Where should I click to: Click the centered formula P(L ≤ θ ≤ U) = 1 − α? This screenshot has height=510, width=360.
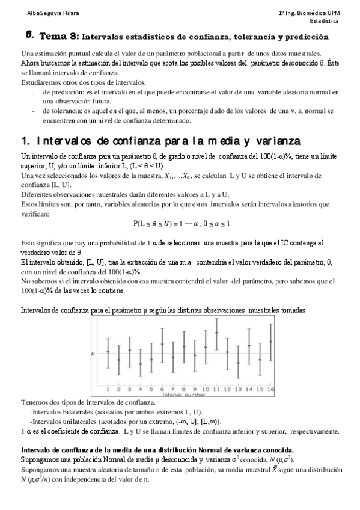[x=181, y=223]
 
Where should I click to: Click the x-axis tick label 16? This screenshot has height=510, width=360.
[x=271, y=389]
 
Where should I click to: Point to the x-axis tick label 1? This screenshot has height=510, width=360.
[x=108, y=389]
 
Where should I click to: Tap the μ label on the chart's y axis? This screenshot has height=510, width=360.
[x=92, y=354]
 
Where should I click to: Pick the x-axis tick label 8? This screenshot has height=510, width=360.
[x=184, y=389]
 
